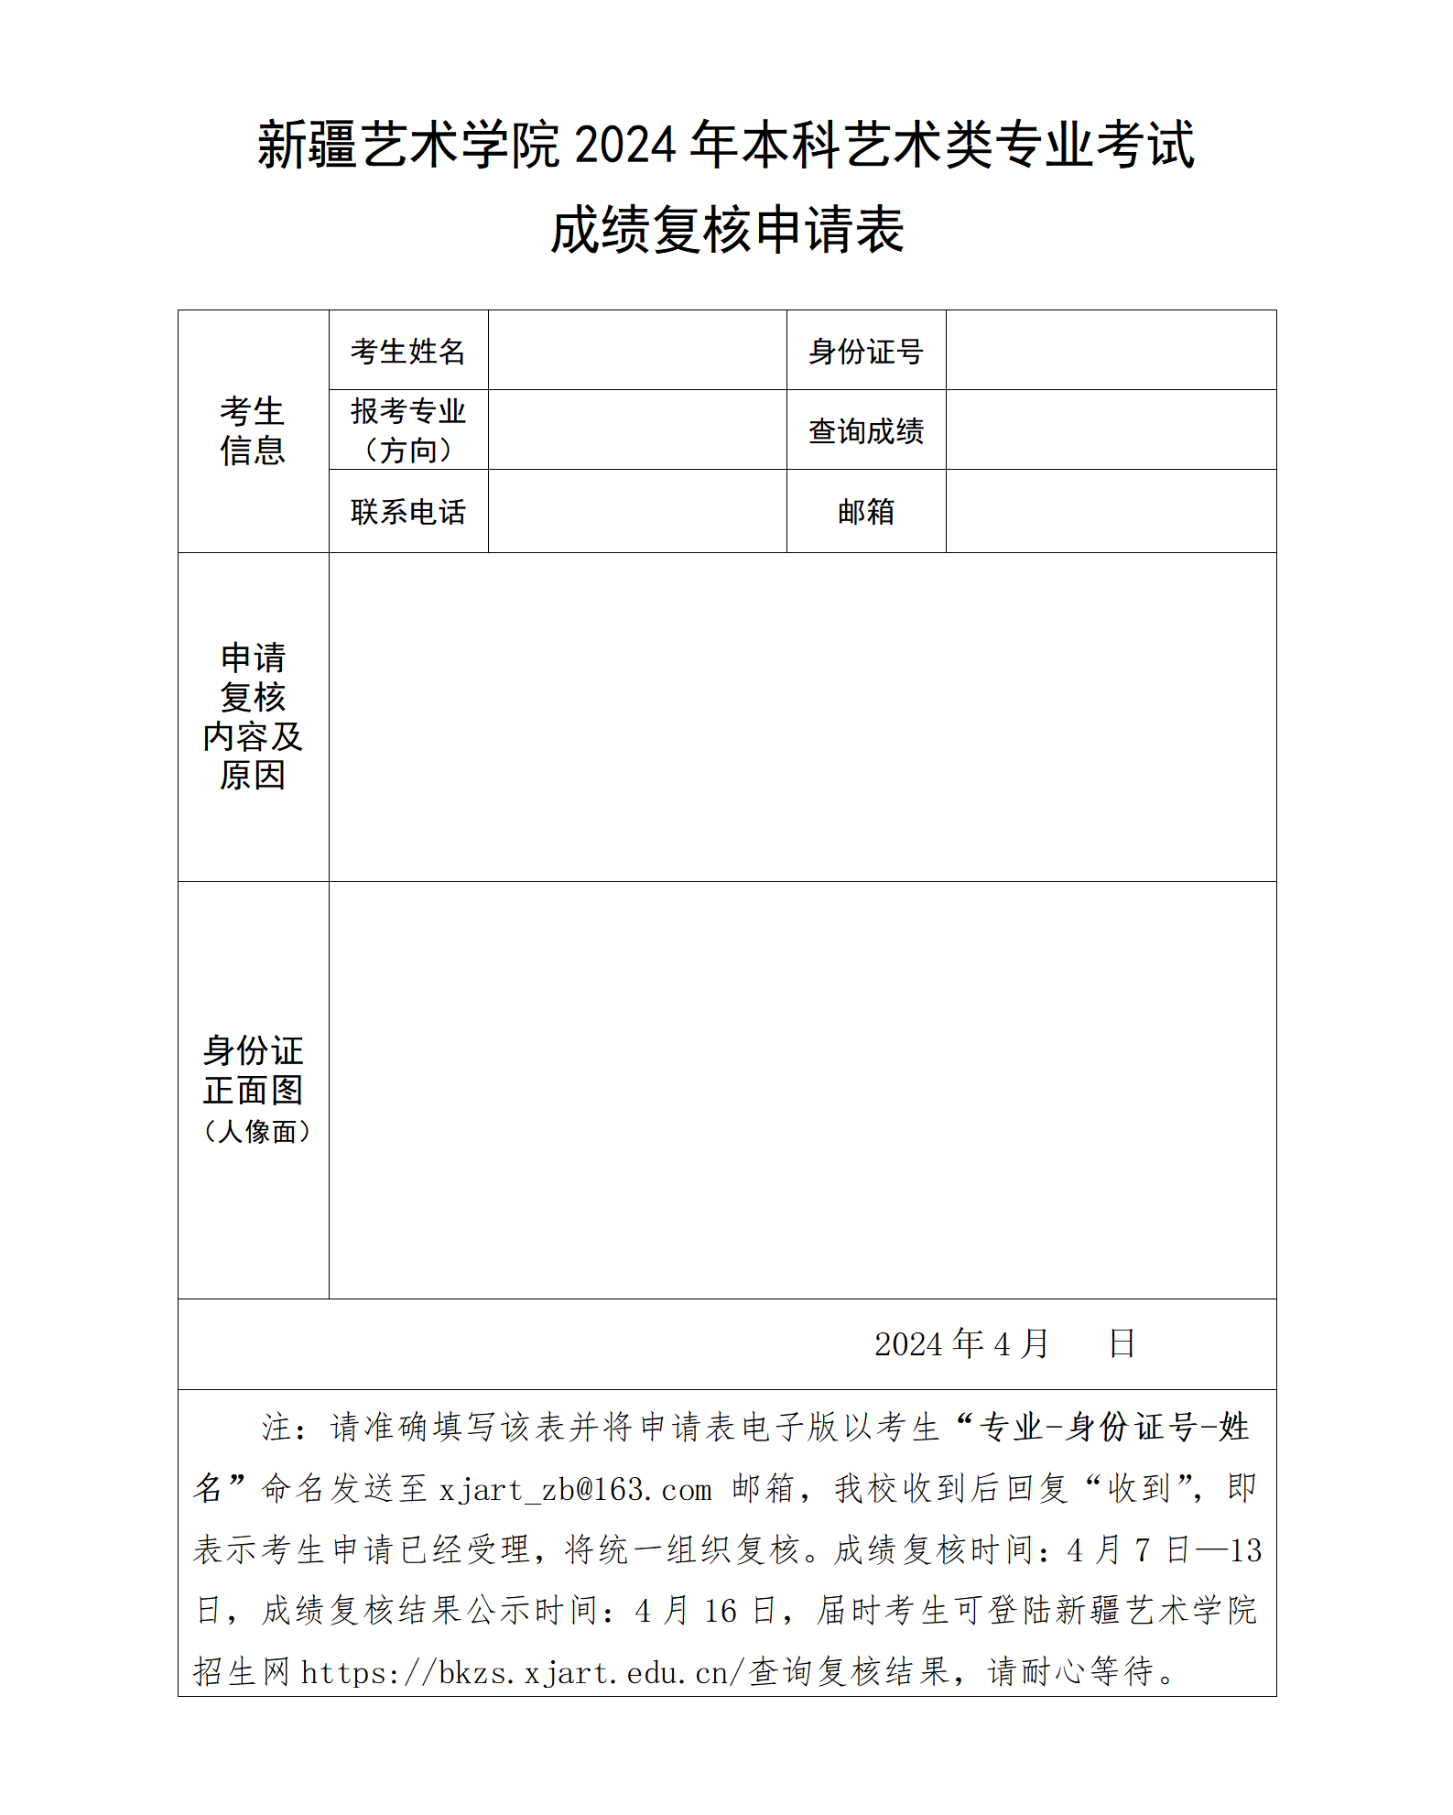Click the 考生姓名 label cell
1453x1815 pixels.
pyautogui.click(x=408, y=351)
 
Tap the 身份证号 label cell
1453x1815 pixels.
pyautogui.click(x=865, y=351)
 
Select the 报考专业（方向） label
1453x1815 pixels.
pyautogui.click(x=408, y=430)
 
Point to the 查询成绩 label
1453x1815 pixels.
pyautogui.click(x=865, y=430)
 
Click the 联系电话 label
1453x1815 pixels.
pyautogui.click(x=408, y=511)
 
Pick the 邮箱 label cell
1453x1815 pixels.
pyautogui.click(x=865, y=511)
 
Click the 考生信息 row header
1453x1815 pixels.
pyautogui.click(x=253, y=431)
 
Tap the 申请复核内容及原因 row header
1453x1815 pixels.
pyautogui.click(x=253, y=716)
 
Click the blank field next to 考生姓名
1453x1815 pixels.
pyautogui.click(x=637, y=351)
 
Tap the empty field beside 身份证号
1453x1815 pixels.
pyautogui.click(x=1111, y=351)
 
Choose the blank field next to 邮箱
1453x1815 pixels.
pyautogui.click(x=1111, y=511)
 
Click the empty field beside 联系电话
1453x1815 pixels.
pyautogui.click(x=637, y=511)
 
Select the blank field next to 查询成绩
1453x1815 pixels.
pyautogui.click(x=1111, y=430)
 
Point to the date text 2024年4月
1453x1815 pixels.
pyautogui.click(x=961, y=1343)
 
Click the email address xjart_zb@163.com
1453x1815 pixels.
pyautogui.click(x=575, y=1490)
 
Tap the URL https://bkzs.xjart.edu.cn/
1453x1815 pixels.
pyautogui.click(x=522, y=1673)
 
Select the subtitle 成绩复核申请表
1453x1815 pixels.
pyautogui.click(x=727, y=229)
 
